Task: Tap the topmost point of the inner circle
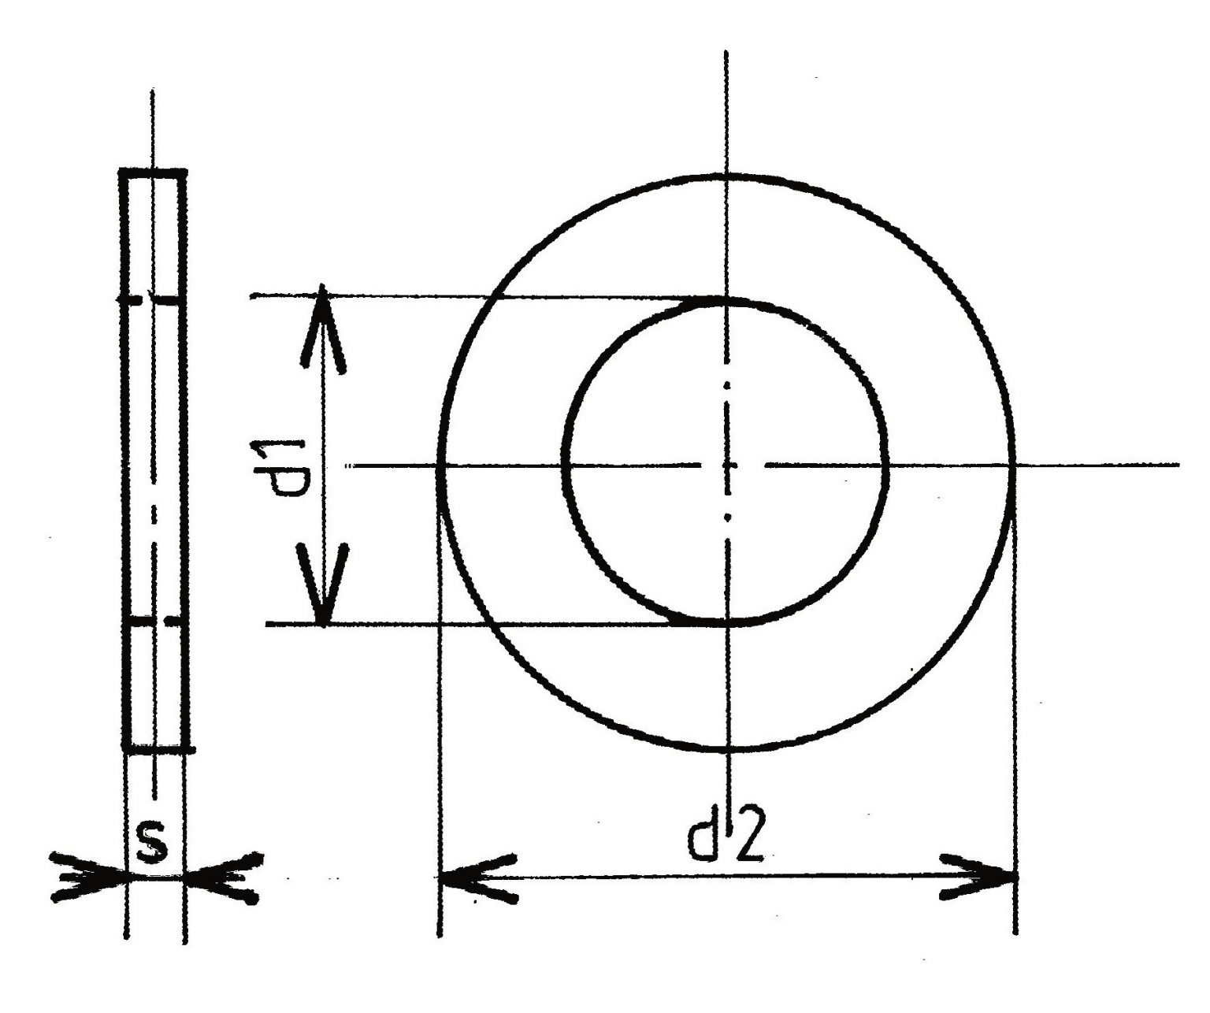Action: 726,301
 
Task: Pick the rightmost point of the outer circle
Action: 1012,466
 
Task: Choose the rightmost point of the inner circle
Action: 886,466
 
